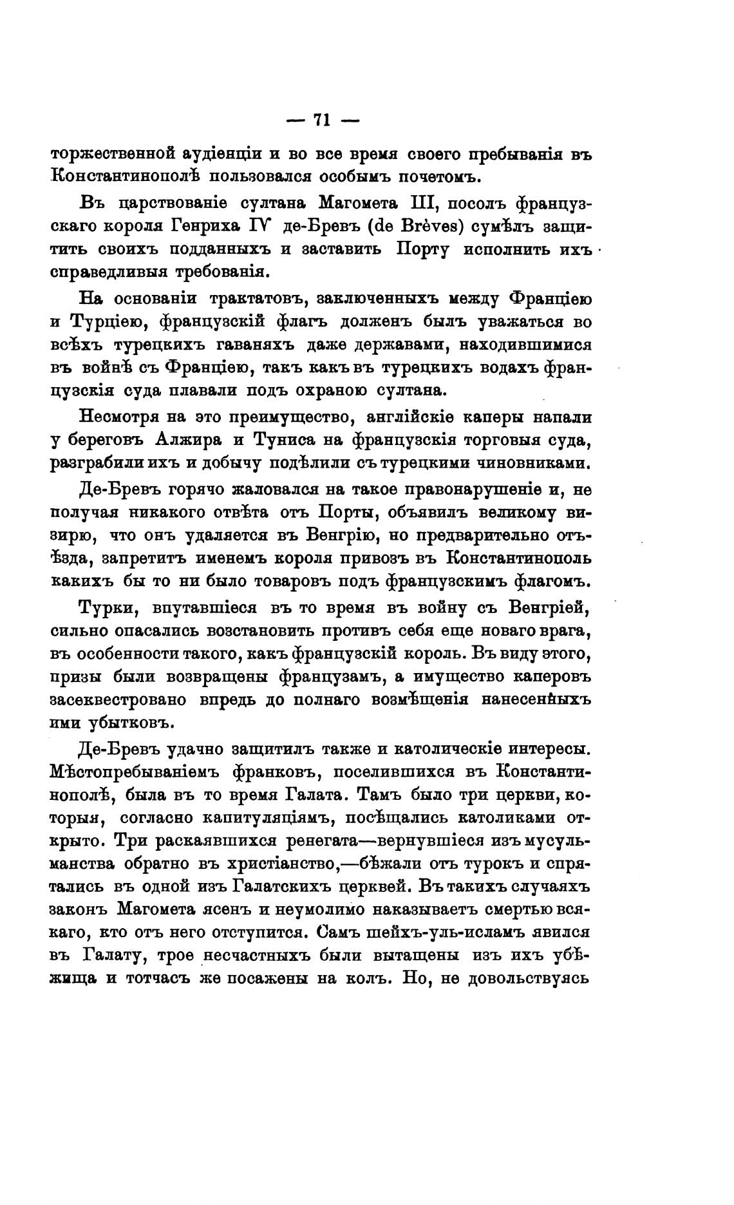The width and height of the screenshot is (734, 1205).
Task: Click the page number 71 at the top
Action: (x=321, y=119)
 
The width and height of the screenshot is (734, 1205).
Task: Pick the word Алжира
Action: (x=187, y=441)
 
